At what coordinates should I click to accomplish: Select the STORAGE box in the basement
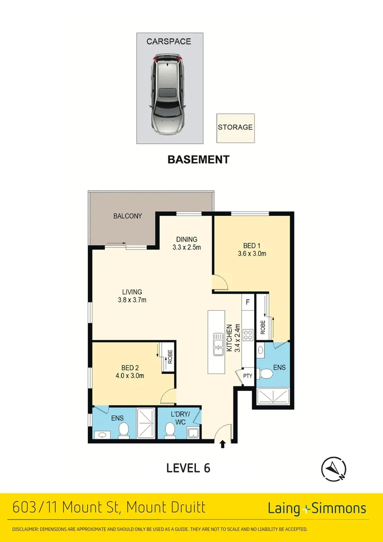pyautogui.click(x=235, y=127)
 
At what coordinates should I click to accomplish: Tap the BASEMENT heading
pyautogui.click(x=198, y=160)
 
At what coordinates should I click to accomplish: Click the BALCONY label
pyautogui.click(x=127, y=216)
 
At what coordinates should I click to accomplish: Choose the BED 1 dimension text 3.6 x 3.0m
pyautogui.click(x=252, y=254)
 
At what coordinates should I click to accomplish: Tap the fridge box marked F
pyautogui.click(x=247, y=303)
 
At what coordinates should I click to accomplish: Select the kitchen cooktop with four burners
pyautogui.click(x=248, y=335)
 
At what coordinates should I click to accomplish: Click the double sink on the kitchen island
pyautogui.click(x=218, y=345)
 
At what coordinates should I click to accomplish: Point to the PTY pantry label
pyautogui.click(x=247, y=375)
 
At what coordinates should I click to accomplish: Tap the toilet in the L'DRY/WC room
pyautogui.click(x=170, y=430)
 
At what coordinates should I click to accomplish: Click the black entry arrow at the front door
pyautogui.click(x=223, y=444)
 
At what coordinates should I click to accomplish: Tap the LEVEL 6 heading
pyautogui.click(x=188, y=468)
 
